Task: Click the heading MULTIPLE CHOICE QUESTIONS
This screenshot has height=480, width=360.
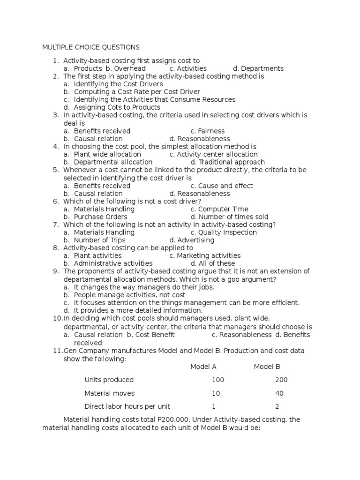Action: [91, 47]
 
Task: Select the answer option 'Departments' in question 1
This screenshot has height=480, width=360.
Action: [258, 68]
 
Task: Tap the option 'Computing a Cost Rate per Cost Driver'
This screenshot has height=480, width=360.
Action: [137, 92]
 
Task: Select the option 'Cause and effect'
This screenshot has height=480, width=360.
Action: [222, 186]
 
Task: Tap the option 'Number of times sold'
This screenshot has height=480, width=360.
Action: [230, 217]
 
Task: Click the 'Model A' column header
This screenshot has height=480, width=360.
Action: [203, 367]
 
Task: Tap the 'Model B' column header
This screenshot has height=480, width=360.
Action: [267, 367]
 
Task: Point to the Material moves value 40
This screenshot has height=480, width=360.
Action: [279, 393]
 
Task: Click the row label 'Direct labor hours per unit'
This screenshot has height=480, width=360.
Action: [127, 406]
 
